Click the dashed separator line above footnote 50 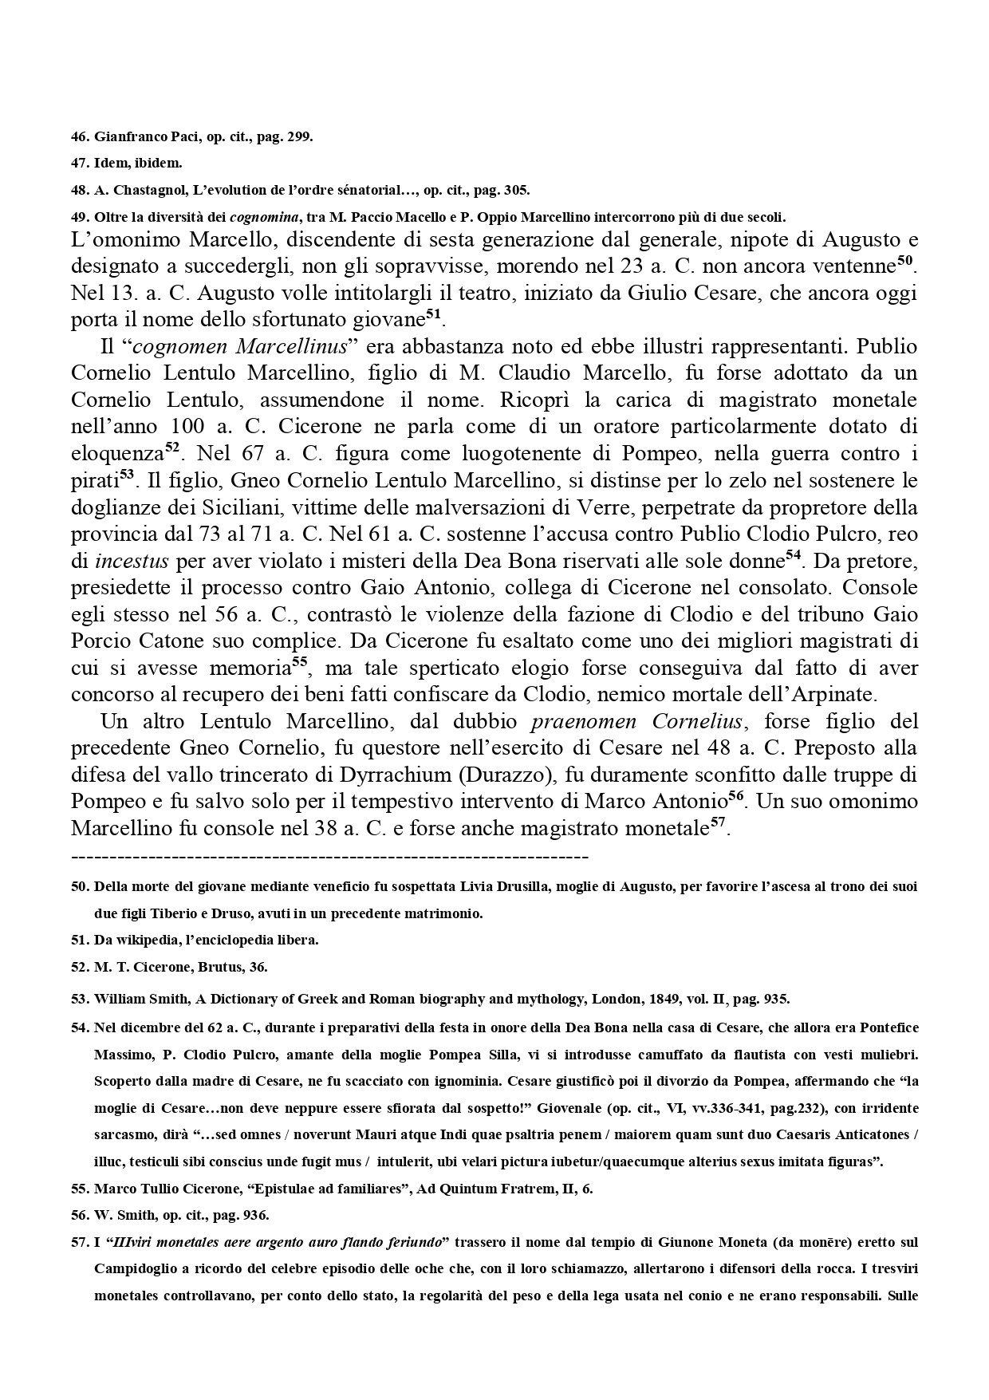[329, 857]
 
